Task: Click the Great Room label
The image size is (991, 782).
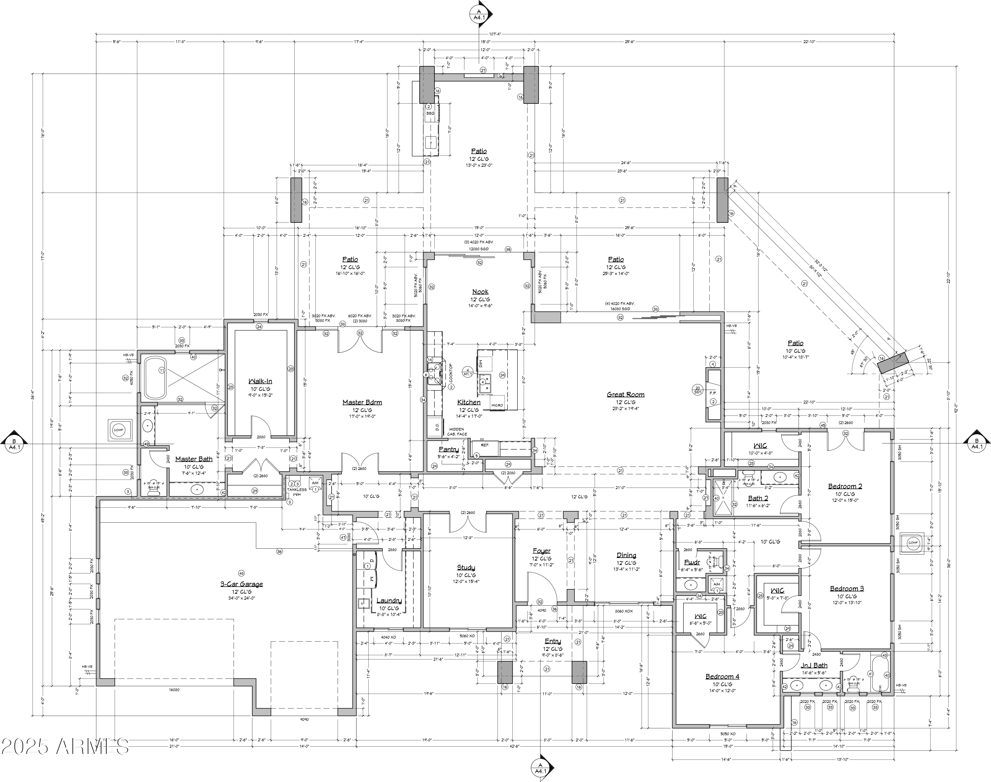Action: click(x=625, y=394)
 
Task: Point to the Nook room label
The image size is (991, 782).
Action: click(x=480, y=292)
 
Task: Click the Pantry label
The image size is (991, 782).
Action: click(x=448, y=450)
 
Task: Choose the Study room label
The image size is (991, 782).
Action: click(x=466, y=567)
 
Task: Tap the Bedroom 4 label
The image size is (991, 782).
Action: click(x=722, y=676)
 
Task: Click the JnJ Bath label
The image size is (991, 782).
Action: click(x=814, y=665)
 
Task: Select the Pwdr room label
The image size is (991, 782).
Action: click(x=692, y=562)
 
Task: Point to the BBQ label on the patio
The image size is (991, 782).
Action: click(x=430, y=113)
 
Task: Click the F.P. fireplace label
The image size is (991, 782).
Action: click(x=713, y=393)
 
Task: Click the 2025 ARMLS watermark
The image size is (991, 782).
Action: click(x=65, y=746)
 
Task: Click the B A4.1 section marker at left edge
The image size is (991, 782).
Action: click(x=14, y=444)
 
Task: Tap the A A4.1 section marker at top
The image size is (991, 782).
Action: click(x=479, y=14)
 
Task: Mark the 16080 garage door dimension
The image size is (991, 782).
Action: click(x=174, y=689)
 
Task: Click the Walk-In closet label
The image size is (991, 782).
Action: click(x=260, y=381)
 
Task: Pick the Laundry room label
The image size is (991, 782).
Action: click(x=388, y=601)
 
